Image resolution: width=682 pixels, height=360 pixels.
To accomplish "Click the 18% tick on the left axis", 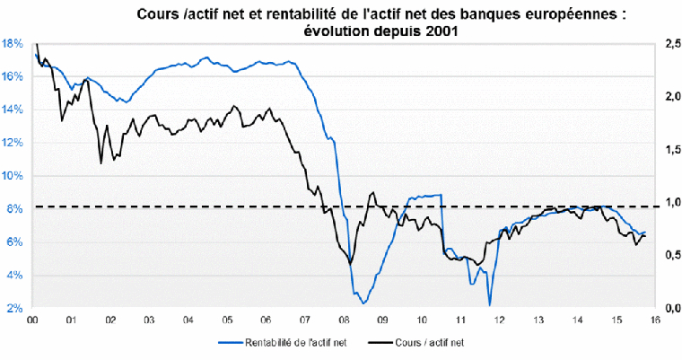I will click(x=13, y=43).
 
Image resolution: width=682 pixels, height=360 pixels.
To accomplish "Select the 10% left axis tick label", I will click(x=13, y=176).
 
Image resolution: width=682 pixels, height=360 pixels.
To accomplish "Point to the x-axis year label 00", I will click(x=32, y=320).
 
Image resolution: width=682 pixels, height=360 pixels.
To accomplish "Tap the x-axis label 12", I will click(x=499, y=320).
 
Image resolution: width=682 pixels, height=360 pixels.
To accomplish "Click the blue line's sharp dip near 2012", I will click(x=490, y=305).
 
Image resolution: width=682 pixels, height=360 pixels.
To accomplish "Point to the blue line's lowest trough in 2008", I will click(x=363, y=303).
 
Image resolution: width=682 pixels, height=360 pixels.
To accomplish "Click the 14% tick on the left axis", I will click(x=13, y=110).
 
